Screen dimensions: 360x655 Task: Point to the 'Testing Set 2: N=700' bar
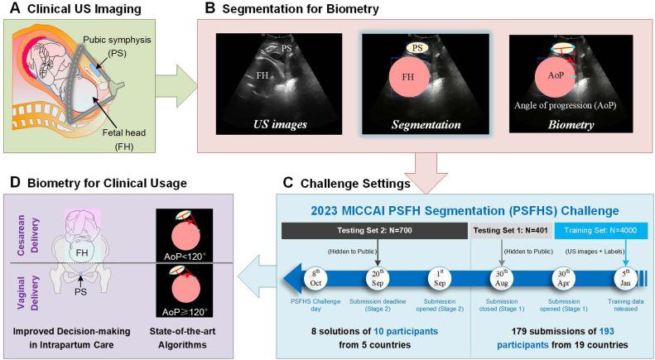pos(376,228)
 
